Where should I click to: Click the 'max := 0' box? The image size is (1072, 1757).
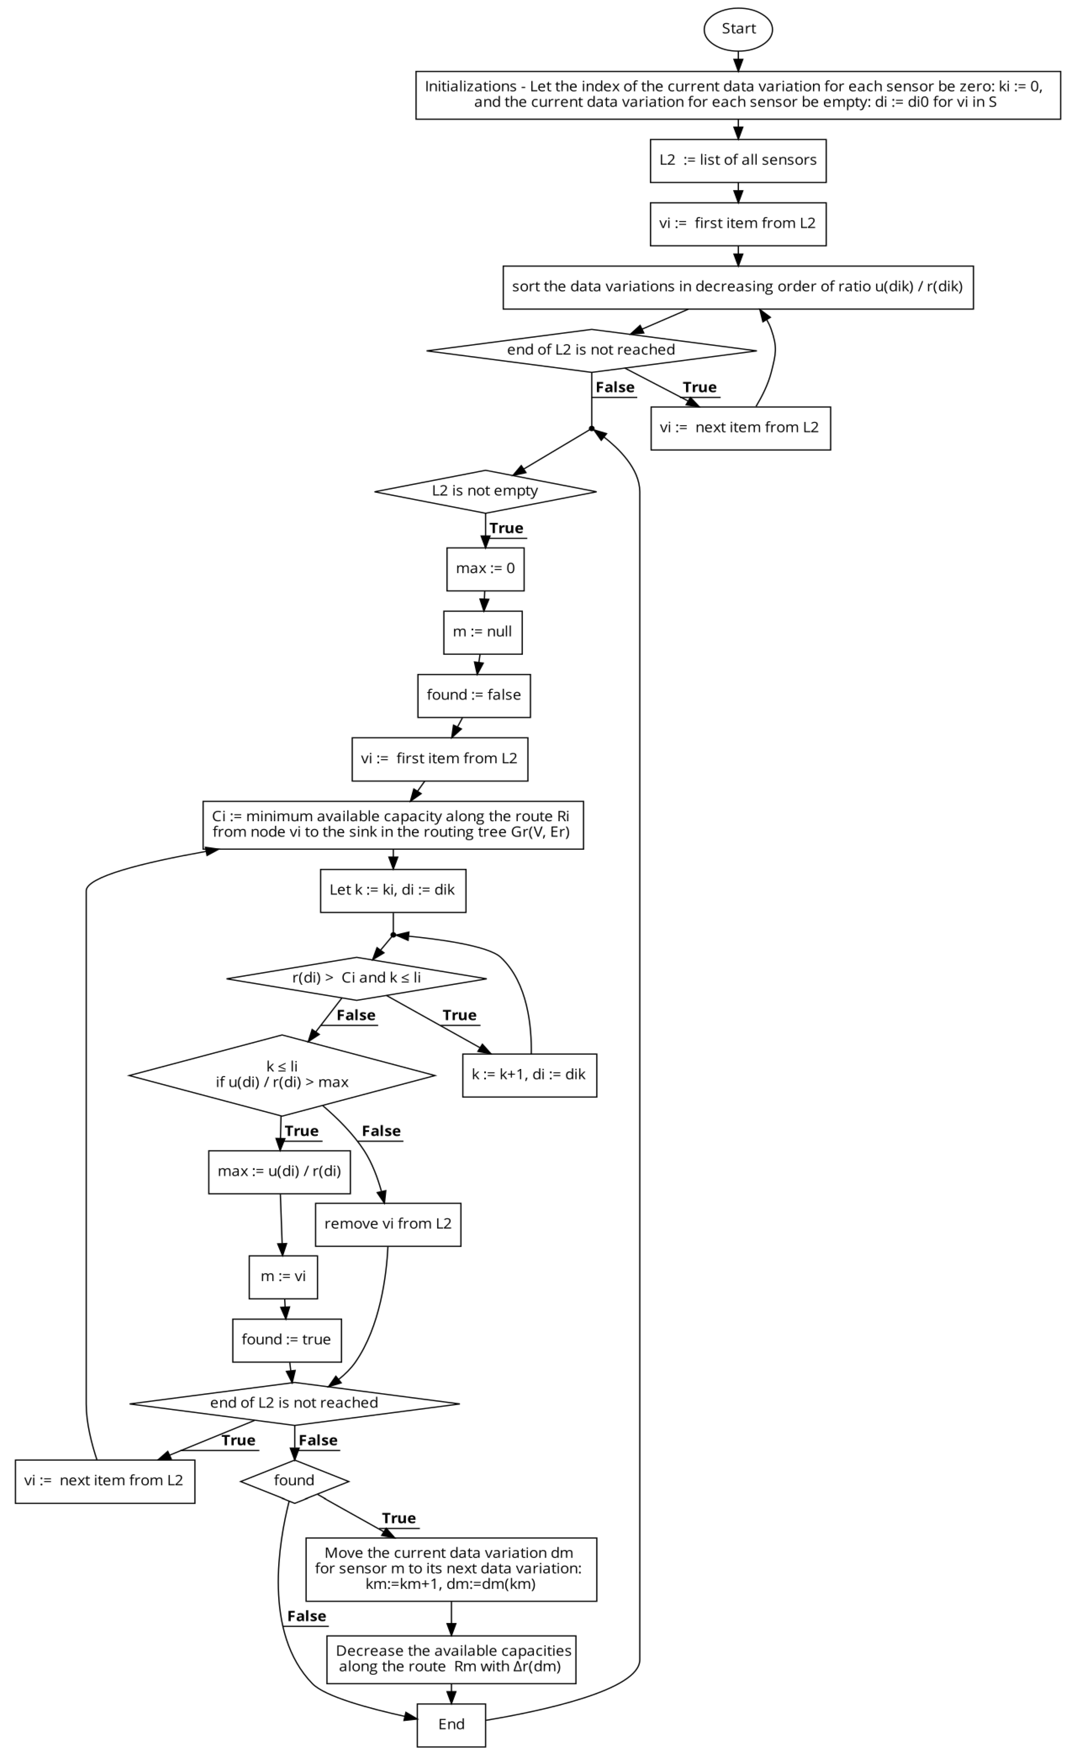tap(485, 568)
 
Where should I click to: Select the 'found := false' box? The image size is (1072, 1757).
tap(473, 695)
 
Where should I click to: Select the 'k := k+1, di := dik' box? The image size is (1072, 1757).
tap(529, 1074)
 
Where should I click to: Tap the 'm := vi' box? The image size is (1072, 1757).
tap(283, 1277)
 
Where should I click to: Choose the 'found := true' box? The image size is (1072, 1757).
tap(286, 1340)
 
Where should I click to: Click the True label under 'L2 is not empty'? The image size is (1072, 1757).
tap(506, 528)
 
